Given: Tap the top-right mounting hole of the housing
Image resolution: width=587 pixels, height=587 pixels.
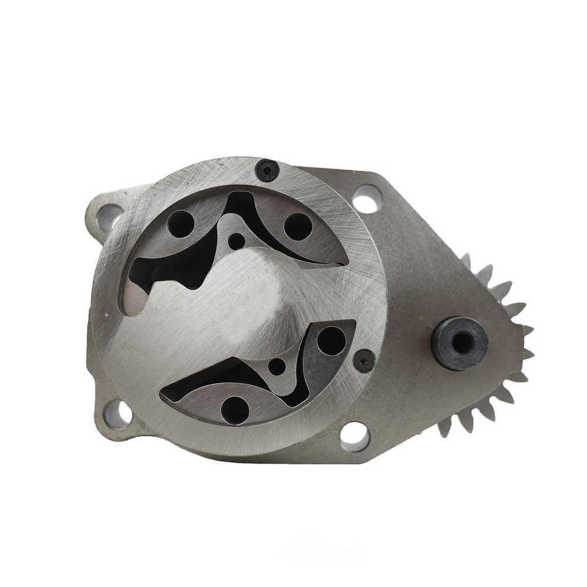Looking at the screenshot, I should [367, 199].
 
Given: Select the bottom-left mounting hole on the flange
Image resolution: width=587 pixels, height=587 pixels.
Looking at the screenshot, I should [118, 414].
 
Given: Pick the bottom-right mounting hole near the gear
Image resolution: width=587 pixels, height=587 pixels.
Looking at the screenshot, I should [355, 436].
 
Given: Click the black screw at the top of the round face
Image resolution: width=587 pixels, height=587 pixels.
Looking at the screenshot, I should [267, 170].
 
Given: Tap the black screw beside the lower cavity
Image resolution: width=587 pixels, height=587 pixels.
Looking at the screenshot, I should [364, 361].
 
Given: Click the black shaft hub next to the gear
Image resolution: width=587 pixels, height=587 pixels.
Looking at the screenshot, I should [459, 342].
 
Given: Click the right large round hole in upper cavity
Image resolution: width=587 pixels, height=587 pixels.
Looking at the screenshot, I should [298, 226].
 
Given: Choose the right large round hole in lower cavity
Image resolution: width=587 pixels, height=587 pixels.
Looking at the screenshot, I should [331, 341].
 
